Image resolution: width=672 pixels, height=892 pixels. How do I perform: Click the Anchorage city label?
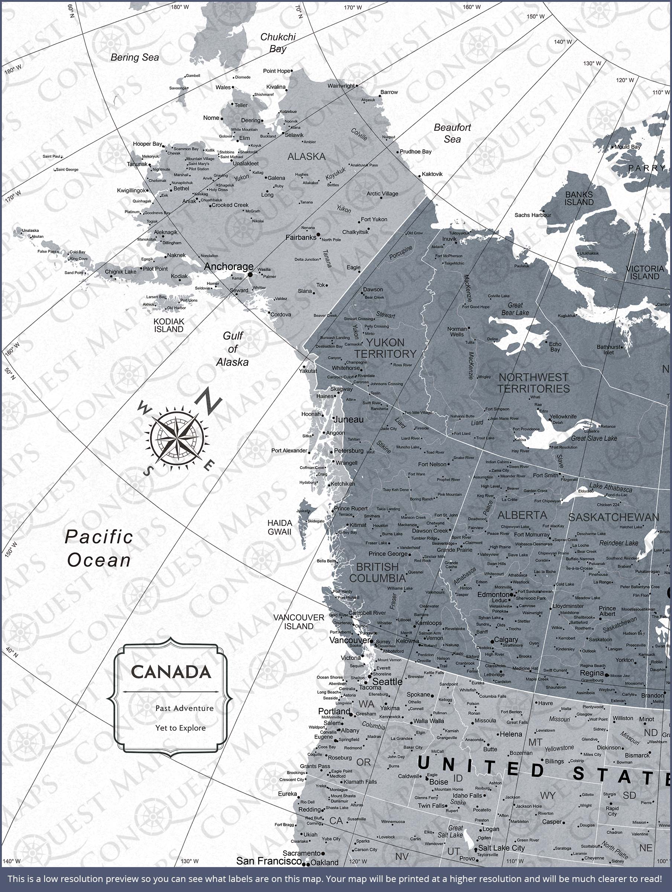228,266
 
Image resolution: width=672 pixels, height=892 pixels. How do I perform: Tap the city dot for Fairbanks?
318,234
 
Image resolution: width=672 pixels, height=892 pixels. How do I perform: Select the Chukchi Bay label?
278,43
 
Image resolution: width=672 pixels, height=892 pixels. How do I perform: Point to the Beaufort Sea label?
452,133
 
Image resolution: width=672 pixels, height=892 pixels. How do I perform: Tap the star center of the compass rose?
177,437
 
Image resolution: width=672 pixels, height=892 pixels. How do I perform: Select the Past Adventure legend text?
184,708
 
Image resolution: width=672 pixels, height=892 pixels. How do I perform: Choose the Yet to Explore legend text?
180,728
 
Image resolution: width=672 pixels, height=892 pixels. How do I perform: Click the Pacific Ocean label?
99,549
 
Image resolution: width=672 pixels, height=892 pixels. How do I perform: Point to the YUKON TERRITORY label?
385,348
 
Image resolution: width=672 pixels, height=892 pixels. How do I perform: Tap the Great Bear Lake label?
515,309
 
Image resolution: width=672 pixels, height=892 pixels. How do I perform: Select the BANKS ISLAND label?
579,198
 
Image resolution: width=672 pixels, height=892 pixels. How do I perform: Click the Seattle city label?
387,682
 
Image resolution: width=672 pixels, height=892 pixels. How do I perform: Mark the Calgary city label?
505,640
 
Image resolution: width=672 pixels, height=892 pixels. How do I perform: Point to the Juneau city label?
349,419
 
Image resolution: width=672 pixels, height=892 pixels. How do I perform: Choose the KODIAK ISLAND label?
169,325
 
